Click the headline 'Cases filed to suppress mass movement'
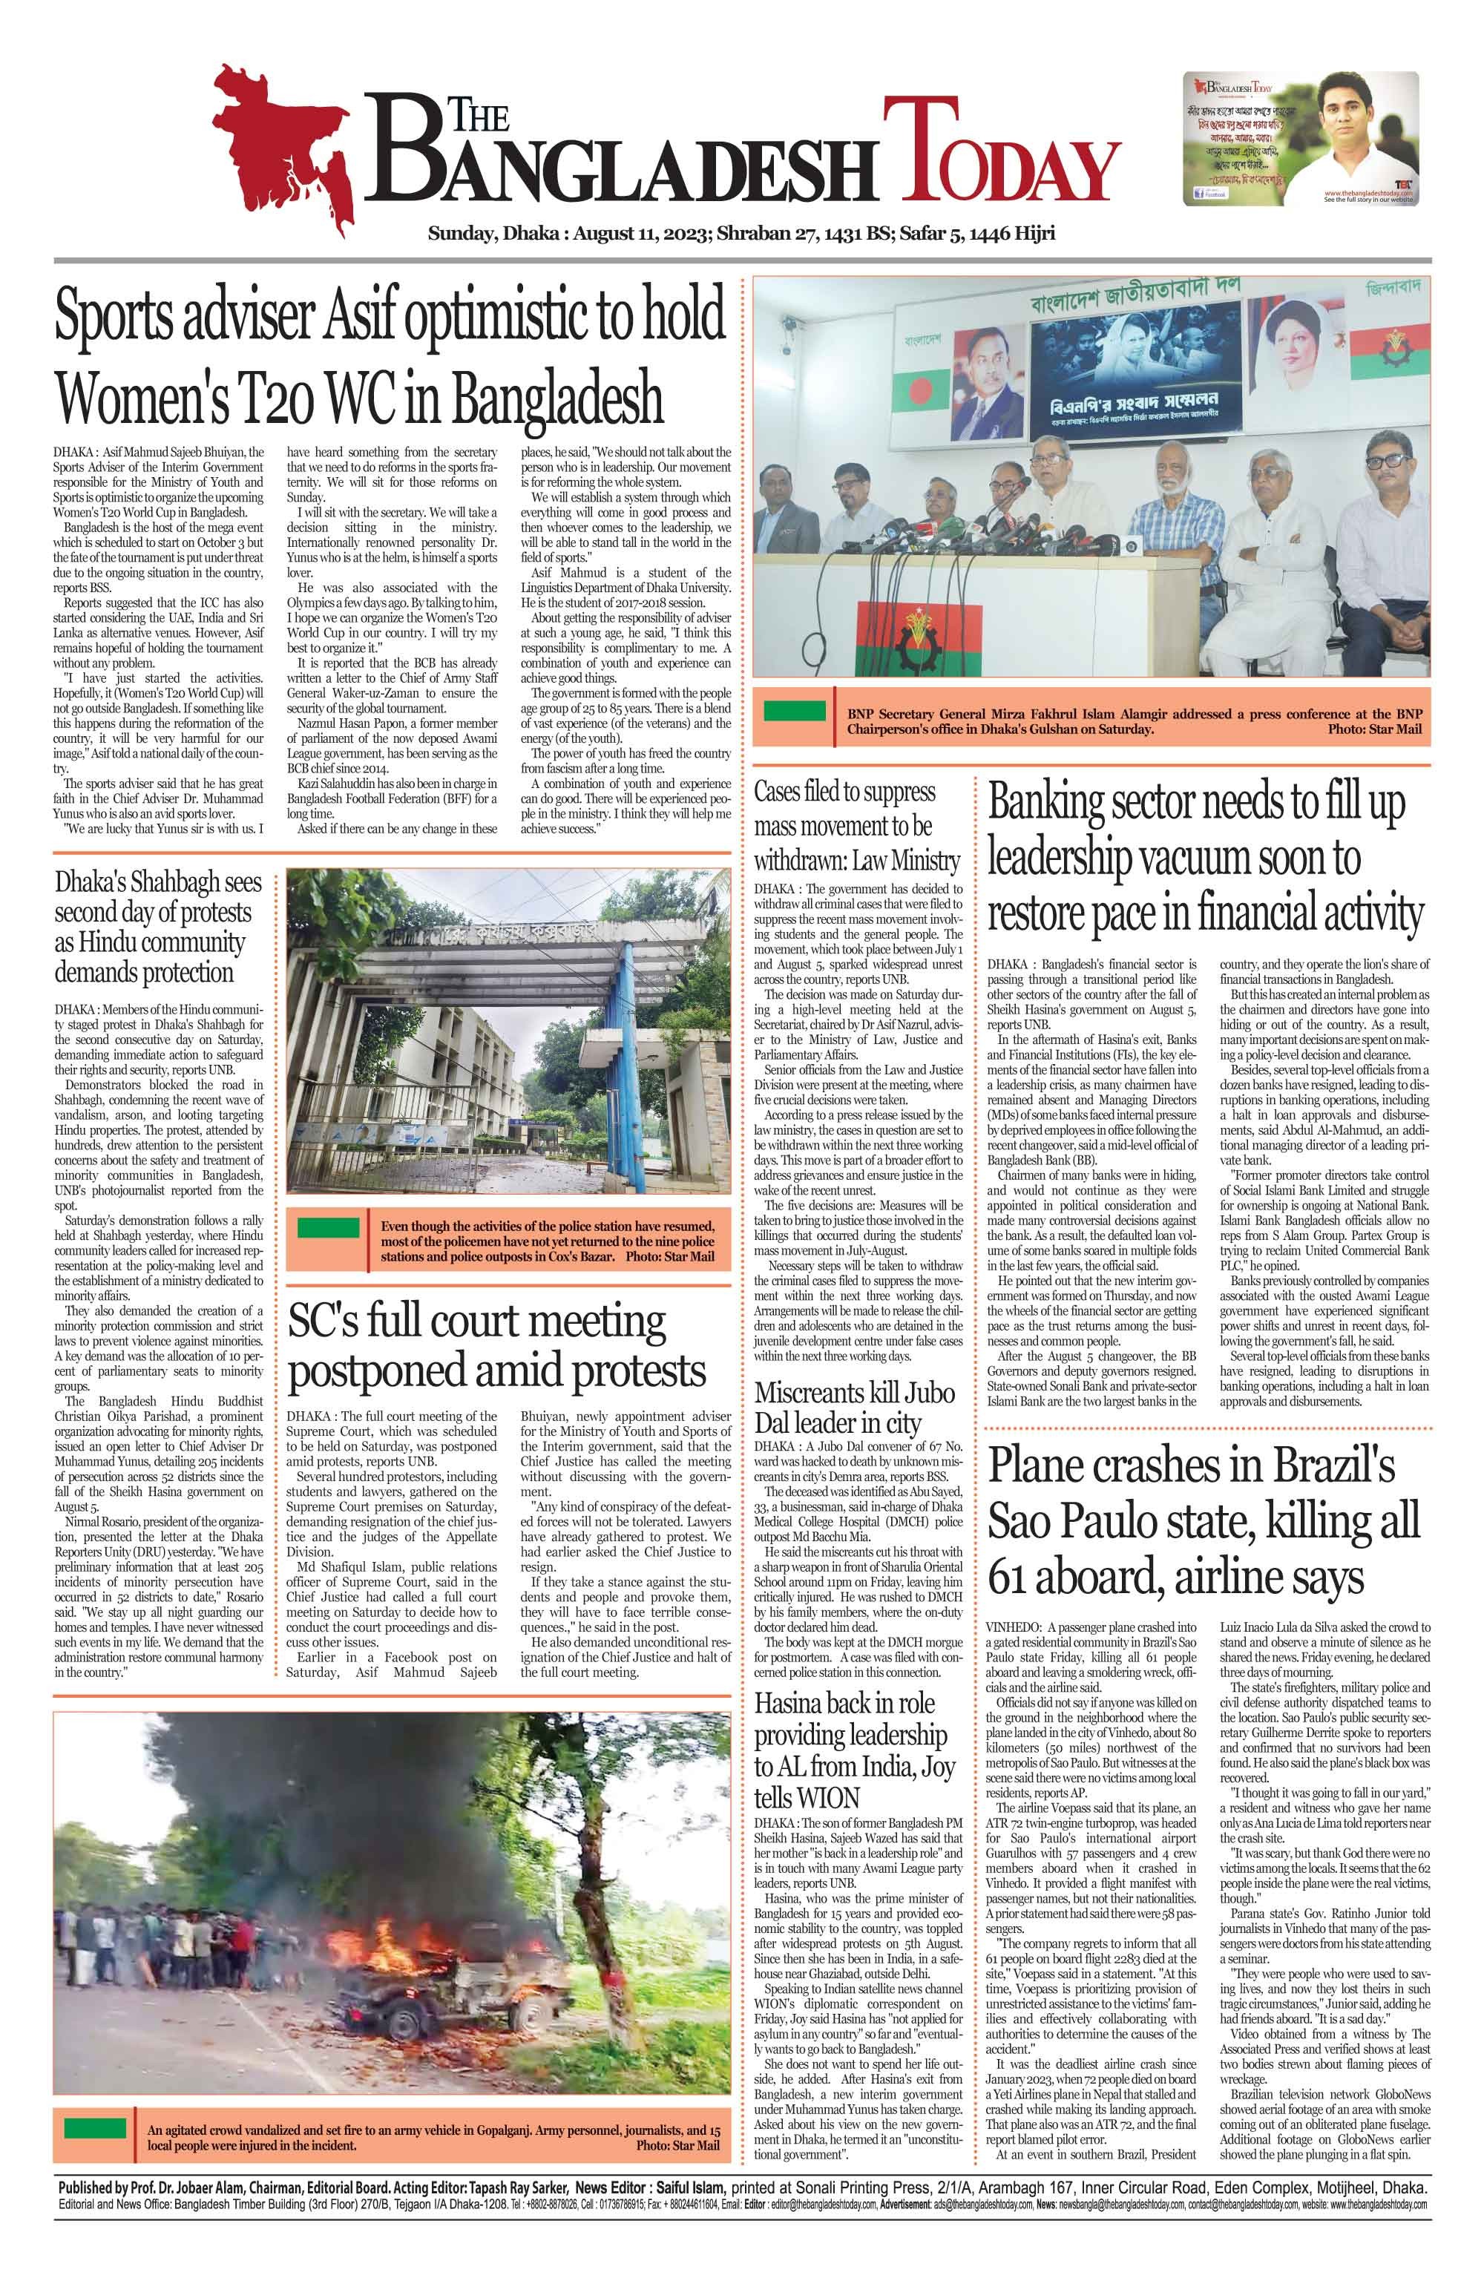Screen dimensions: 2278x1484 [x=856, y=825]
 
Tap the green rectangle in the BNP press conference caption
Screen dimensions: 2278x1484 [x=795, y=710]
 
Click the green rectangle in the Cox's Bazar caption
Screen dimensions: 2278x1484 [x=329, y=1228]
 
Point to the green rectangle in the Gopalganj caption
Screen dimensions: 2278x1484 [x=96, y=2129]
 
